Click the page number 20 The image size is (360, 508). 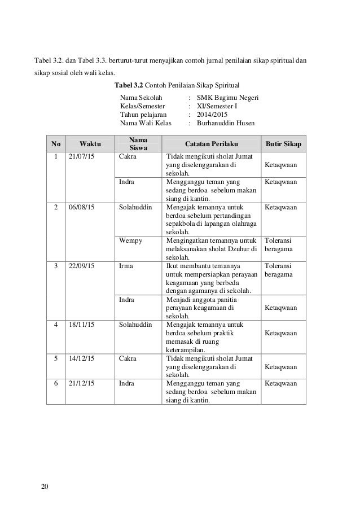[45, 487]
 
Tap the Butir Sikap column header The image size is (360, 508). [283, 144]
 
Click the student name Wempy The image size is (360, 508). [131, 241]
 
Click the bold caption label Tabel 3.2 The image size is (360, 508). [129, 85]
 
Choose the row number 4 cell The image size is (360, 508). [56, 325]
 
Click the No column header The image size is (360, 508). [56, 144]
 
